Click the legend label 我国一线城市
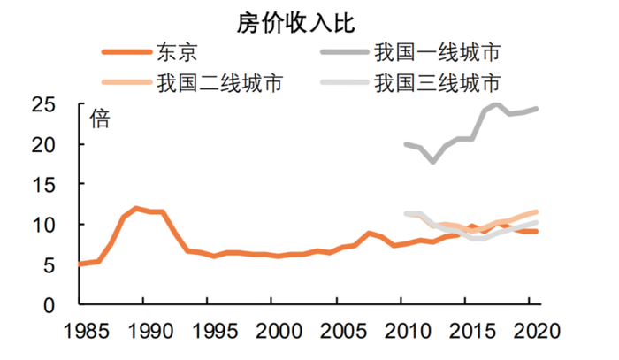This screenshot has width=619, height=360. (x=437, y=53)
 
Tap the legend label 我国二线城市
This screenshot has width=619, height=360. (x=220, y=85)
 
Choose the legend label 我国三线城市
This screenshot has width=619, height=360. (x=437, y=85)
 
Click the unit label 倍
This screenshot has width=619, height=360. (x=100, y=119)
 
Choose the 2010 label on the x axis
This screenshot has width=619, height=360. (x=402, y=334)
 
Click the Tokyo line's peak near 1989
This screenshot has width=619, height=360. (x=135, y=208)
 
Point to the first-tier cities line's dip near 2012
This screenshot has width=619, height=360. (x=432, y=162)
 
